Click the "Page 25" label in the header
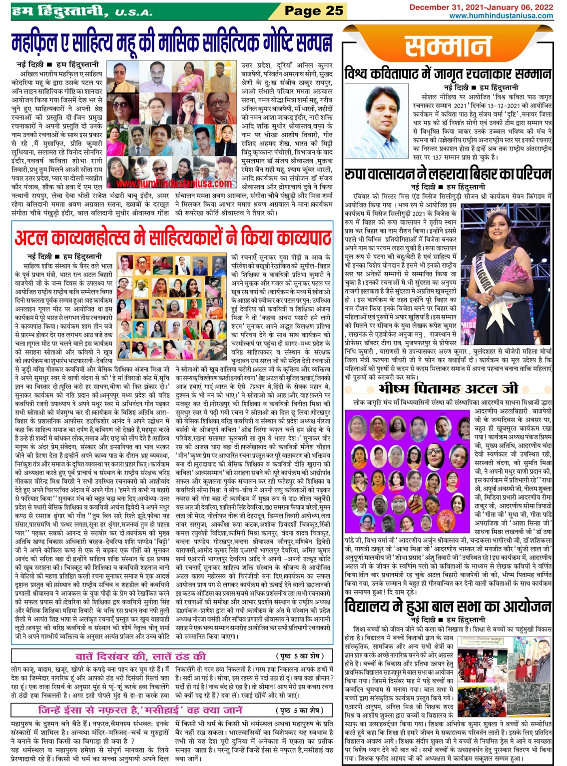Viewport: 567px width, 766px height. click(314, 10)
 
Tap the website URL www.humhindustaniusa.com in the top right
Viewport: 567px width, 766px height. click(501, 15)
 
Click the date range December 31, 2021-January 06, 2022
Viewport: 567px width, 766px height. click(481, 7)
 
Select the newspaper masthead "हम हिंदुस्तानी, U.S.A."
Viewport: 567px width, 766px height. click(82, 10)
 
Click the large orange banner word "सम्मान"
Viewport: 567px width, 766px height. click(448, 47)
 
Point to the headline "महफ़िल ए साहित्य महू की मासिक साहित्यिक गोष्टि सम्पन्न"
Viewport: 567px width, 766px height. click(171, 44)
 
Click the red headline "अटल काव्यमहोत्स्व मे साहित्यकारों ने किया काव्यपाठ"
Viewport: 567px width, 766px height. click(173, 237)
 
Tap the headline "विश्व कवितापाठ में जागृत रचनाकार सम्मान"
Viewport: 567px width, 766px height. click(448, 74)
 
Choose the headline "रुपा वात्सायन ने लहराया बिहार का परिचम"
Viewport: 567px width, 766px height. click(448, 174)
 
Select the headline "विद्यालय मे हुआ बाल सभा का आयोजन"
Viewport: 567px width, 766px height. click(448, 606)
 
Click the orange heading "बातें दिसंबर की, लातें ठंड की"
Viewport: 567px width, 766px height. click(140, 656)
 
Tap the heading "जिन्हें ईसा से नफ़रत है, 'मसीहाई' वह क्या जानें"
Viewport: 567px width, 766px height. click(140, 710)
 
